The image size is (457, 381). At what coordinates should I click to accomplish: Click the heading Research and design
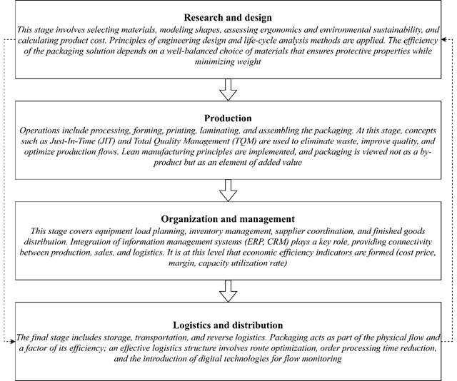[x=228, y=17]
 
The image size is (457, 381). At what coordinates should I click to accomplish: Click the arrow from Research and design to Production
[x=228, y=89]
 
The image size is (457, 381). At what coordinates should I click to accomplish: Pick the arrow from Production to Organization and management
[x=228, y=189]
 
